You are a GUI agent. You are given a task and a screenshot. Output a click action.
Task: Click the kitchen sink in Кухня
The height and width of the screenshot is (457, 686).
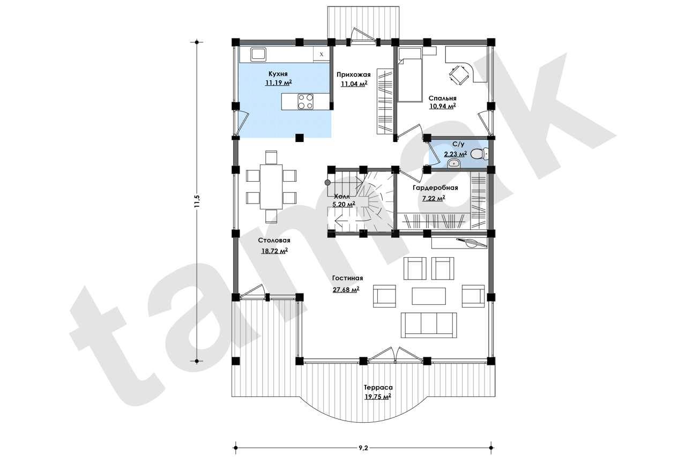(x=259, y=54)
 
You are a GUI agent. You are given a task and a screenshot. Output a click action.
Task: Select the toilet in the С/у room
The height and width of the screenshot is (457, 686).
(x=479, y=154)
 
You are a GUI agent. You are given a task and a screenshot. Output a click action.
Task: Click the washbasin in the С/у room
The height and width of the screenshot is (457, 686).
(x=453, y=164)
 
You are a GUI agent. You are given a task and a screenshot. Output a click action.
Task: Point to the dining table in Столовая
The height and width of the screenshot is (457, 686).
(x=271, y=187)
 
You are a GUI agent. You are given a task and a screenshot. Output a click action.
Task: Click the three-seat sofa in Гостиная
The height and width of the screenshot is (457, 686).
(x=429, y=325)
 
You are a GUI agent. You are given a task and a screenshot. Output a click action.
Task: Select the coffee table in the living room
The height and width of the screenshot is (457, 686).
(x=429, y=296)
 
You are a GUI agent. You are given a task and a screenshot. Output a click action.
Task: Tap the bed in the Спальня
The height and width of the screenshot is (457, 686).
(x=410, y=74)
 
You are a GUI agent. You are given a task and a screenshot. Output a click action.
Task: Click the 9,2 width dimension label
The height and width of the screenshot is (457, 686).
(x=363, y=448)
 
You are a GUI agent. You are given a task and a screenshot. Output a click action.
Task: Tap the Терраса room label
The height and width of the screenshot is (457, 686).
(x=378, y=387)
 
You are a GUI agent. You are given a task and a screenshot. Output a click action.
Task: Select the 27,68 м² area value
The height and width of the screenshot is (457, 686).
(x=346, y=289)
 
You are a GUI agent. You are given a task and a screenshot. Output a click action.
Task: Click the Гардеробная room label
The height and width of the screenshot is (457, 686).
(x=435, y=188)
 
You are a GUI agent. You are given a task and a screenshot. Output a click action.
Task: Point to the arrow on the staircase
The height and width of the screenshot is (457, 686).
(x=346, y=220)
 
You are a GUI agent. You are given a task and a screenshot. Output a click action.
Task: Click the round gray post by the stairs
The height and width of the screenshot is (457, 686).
(x=327, y=183)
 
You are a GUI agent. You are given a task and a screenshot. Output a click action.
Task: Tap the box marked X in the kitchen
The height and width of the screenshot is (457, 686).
(x=321, y=55)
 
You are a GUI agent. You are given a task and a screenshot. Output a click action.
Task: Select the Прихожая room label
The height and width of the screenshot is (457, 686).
(x=354, y=74)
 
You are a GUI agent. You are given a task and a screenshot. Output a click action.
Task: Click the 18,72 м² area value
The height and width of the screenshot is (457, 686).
(x=274, y=251)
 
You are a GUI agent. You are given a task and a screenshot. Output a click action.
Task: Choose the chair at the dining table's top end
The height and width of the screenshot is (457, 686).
(x=271, y=157)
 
